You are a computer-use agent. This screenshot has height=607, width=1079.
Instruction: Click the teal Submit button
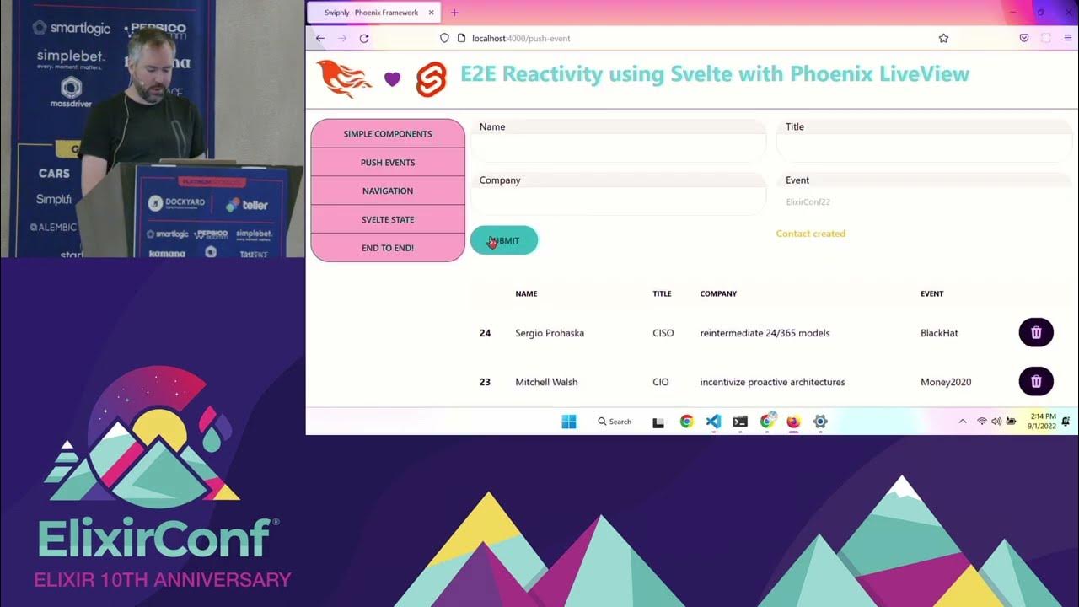point(504,240)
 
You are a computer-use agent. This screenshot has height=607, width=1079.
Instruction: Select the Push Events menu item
point(388,163)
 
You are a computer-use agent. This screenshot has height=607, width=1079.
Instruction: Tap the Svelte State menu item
point(388,219)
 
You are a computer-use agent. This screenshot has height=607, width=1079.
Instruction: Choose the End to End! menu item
point(388,248)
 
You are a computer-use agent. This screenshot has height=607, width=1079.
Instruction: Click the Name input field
point(618,148)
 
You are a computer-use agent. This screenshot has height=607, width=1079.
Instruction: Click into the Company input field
point(618,201)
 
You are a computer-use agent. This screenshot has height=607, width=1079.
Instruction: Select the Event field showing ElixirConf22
point(923,201)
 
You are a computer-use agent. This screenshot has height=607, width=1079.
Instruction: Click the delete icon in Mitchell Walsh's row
point(1036,381)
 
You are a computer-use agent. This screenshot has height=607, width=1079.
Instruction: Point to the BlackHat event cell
point(939,333)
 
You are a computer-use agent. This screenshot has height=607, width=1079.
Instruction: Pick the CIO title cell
point(661,382)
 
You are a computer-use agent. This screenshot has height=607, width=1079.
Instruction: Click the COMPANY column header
point(718,293)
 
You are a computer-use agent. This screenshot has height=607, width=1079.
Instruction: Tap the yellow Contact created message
point(810,234)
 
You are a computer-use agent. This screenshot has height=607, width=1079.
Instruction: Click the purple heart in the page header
point(392,78)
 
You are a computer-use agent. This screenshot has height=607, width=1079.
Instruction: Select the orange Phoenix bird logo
point(343,78)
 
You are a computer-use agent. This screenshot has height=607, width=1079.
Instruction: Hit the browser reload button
point(364,38)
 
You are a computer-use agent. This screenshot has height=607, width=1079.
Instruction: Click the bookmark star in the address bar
point(943,38)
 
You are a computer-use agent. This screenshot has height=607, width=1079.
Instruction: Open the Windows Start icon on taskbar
point(569,422)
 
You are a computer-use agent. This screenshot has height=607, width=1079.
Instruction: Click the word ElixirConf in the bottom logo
point(154,538)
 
